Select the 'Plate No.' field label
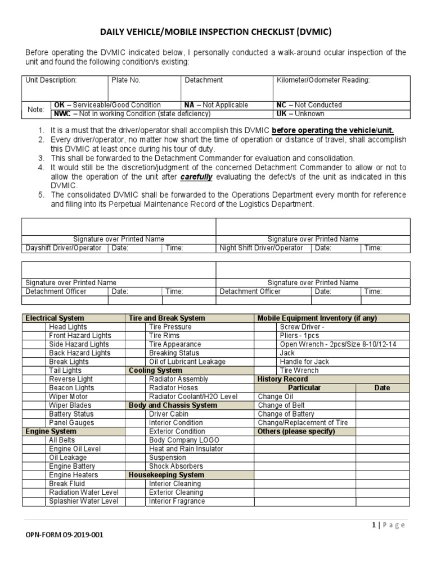click(127, 80)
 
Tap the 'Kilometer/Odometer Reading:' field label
click(323, 80)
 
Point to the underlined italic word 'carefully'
click(196, 176)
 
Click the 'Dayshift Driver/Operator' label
click(64, 248)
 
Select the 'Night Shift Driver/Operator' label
click(261, 248)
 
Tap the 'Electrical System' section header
click(55, 318)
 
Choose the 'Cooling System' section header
click(155, 371)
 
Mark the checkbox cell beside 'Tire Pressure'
click(136, 327)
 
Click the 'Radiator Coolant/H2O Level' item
click(193, 396)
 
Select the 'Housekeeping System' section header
click(166, 475)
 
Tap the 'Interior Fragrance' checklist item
click(177, 501)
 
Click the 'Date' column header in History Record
click(382, 388)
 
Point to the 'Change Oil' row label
click(275, 396)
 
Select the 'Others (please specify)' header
click(296, 431)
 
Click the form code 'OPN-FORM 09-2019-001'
click(64, 535)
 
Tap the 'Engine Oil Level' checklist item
click(75, 449)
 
